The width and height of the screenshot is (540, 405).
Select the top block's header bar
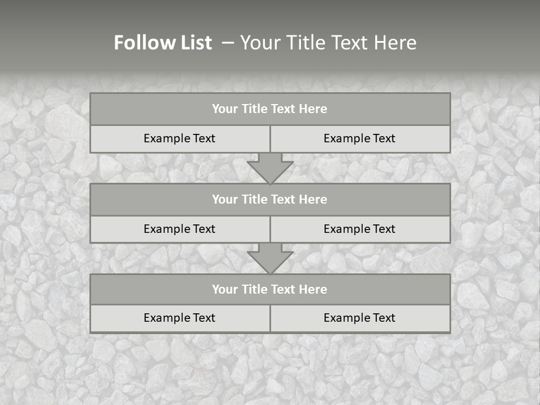coord(270,109)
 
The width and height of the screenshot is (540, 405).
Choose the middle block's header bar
coord(270,199)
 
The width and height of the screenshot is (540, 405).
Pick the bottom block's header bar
coord(270,289)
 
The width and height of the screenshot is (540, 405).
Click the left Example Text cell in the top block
coord(179,138)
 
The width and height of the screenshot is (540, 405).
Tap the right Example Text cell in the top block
coord(359,138)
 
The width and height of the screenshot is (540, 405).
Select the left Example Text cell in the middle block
coord(179,229)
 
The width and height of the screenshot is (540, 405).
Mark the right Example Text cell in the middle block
coord(359,229)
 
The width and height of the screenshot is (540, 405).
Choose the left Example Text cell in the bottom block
coord(179,318)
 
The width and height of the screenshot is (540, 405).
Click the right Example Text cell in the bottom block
coord(359,318)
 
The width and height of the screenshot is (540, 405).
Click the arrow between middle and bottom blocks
coord(270,259)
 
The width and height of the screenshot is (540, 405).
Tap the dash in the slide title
coord(228,43)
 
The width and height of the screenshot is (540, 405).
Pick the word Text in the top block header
coord(283,109)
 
